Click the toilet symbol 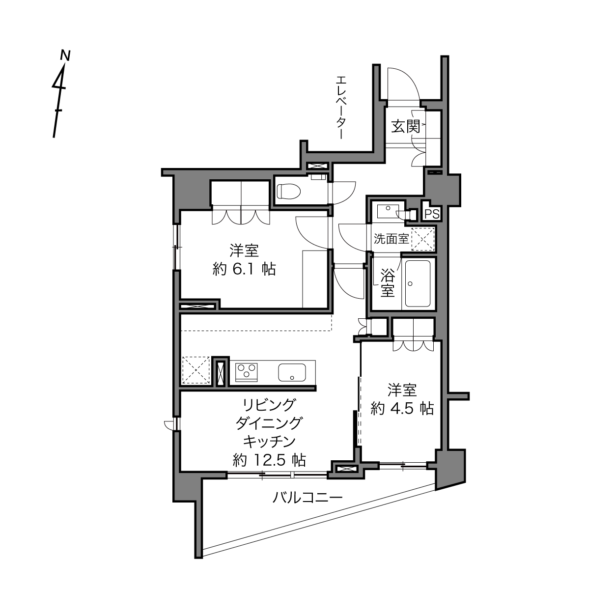pyautogui.click(x=289, y=191)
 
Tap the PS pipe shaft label pyautogui.click(x=432, y=214)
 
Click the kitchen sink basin pyautogui.click(x=292, y=372)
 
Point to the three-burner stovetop pyautogui.click(x=247, y=372)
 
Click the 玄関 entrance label pyautogui.click(x=405, y=126)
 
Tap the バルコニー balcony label pyautogui.click(x=307, y=498)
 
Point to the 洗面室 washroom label pyautogui.click(x=391, y=239)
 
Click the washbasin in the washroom pyautogui.click(x=388, y=211)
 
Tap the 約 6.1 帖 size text pyautogui.click(x=245, y=270)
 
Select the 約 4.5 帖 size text pyautogui.click(x=402, y=409)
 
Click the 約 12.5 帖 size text pyautogui.click(x=270, y=460)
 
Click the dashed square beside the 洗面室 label pyautogui.click(x=423, y=239)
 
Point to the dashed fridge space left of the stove pyautogui.click(x=196, y=370)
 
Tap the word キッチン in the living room pyautogui.click(x=270, y=442)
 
